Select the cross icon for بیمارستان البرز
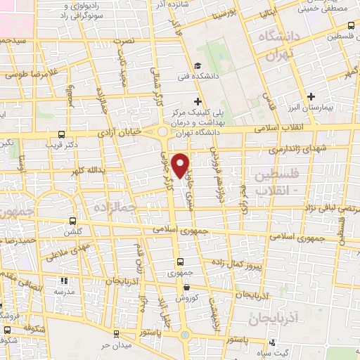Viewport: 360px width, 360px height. point(311,94)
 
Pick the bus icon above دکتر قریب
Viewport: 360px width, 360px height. point(62,134)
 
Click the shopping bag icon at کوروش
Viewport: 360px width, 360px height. point(186,288)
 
